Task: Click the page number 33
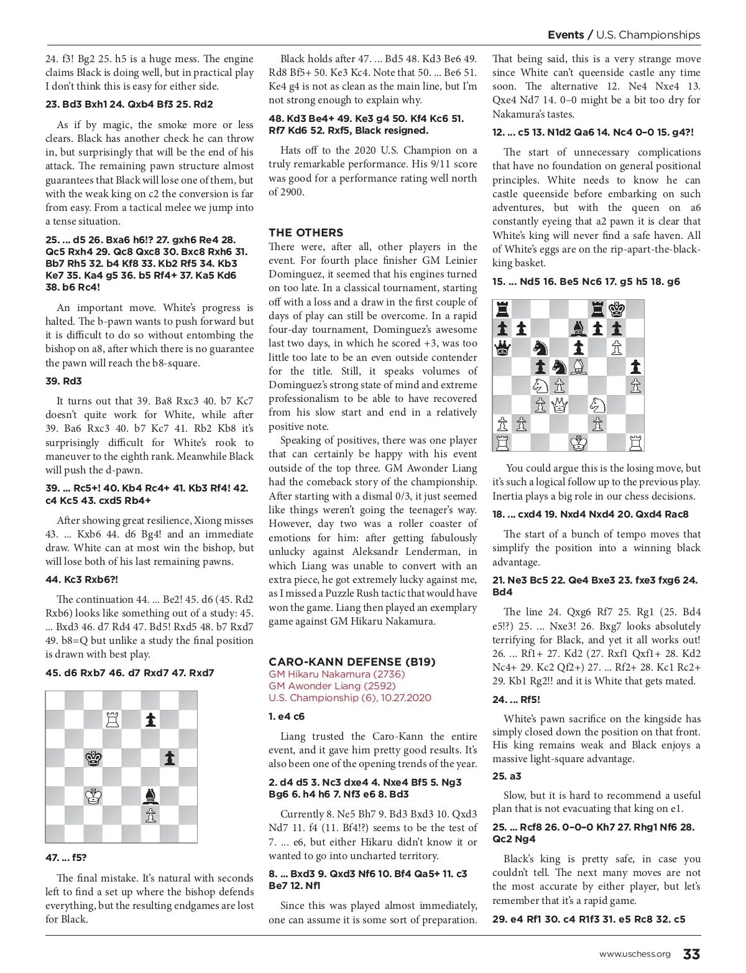(x=691, y=954)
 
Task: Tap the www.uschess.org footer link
(x=635, y=954)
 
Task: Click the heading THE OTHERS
(x=306, y=233)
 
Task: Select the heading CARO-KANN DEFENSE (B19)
(x=352, y=662)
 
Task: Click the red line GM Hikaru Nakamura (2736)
(x=336, y=674)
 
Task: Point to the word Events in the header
(x=565, y=35)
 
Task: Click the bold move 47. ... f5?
(x=66, y=857)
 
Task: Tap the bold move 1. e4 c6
(x=287, y=716)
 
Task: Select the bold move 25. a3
(x=507, y=776)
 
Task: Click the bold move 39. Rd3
(x=63, y=381)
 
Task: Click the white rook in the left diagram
(x=113, y=720)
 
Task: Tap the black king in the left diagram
(x=94, y=758)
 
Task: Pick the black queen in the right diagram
(x=503, y=348)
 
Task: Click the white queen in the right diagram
(x=559, y=405)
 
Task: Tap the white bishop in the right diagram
(x=578, y=367)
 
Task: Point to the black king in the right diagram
(x=616, y=310)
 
